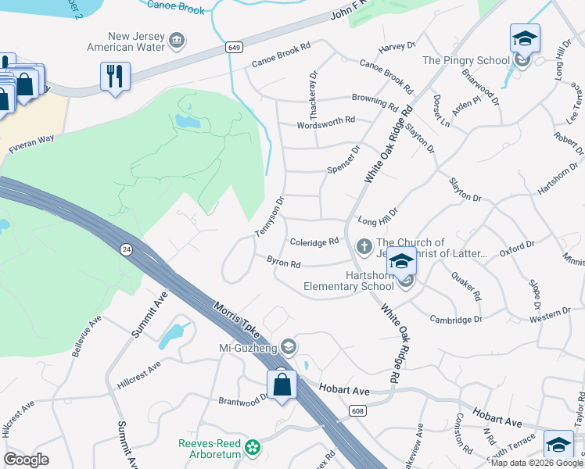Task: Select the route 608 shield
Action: [358, 410]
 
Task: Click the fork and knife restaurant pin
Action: [115, 76]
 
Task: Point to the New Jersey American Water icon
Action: [177, 40]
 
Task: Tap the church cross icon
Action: [364, 247]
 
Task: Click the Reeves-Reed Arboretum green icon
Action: [252, 447]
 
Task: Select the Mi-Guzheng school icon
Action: [289, 346]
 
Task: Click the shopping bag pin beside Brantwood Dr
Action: [282, 385]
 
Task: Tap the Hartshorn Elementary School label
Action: [350, 281]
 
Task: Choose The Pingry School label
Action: [465, 60]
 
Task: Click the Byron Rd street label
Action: [284, 264]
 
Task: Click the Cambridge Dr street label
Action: [456, 319]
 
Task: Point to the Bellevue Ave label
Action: [87, 336]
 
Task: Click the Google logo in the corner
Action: [27, 459]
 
